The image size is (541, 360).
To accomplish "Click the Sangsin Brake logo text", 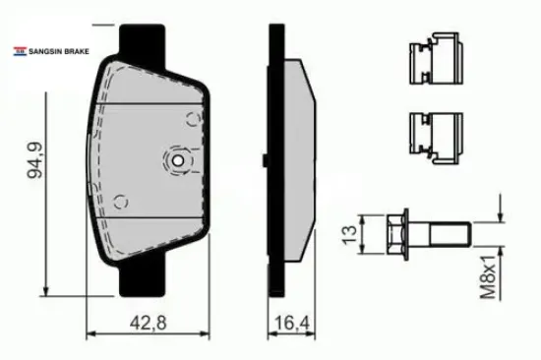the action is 59,51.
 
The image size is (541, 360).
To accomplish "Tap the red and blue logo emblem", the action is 20,51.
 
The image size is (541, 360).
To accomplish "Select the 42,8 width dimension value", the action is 148,323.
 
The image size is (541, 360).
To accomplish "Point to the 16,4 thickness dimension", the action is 292,323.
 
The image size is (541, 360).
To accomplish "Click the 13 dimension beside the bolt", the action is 349,235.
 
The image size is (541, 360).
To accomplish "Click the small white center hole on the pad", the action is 178,160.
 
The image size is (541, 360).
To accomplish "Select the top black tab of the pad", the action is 142,44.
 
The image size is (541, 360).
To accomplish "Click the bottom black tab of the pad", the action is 143,276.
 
